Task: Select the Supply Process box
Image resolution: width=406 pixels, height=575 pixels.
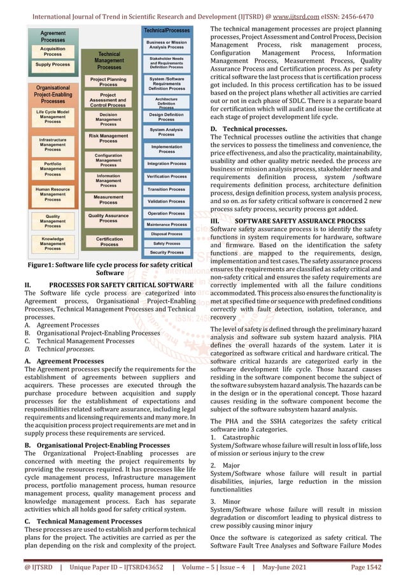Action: pyautogui.click(x=53, y=64)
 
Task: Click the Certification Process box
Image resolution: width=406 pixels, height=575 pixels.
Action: pyautogui.click(x=109, y=241)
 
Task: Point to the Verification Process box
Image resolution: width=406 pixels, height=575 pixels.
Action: pyautogui.click(x=167, y=176)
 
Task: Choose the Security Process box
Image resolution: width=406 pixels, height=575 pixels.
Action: pyautogui.click(x=167, y=252)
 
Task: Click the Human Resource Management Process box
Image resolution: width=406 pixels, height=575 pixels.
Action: pyautogui.click(x=53, y=194)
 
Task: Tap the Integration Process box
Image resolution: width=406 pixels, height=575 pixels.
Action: pyautogui.click(x=167, y=164)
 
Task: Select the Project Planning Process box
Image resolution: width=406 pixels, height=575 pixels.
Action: pyautogui.click(x=109, y=82)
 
